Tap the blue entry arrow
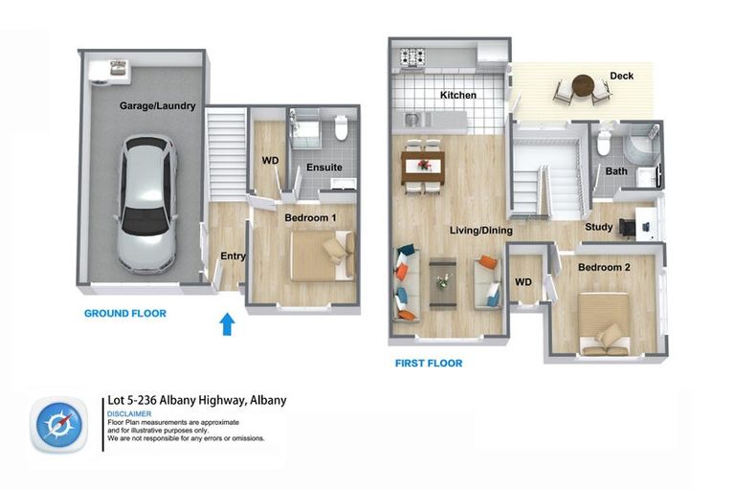227,324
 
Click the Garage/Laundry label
158,106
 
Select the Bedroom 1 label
310,218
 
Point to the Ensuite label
324,168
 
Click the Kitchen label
458,96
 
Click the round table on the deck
583,86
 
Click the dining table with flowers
422,165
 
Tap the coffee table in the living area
442,283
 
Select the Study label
599,227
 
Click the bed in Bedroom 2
603,323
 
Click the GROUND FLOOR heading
124,314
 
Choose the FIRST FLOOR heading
429,364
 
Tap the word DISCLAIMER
129,413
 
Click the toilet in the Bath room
604,144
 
